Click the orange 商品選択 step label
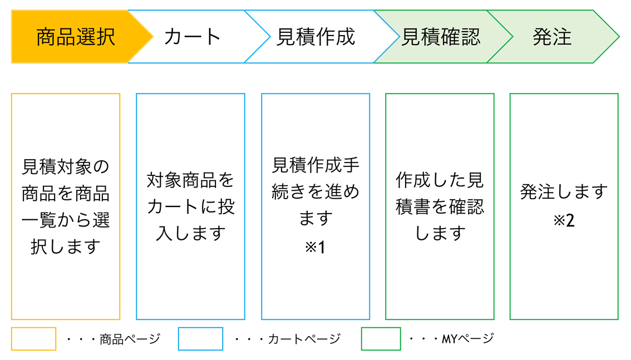pos(76,37)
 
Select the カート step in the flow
pos(193,37)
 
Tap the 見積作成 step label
pos(315,37)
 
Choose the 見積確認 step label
pos(441,37)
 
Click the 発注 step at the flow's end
pos(552,37)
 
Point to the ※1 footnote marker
pos(315,246)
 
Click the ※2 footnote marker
pos(564,220)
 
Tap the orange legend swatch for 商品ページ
pos(33,339)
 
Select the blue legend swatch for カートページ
pos(200,339)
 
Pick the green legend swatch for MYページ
pos(381,339)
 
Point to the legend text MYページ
pos(467,338)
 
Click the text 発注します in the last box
pos(564,192)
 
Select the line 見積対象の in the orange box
pos(66,166)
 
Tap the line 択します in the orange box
pos(66,246)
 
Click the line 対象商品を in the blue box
pos(190,179)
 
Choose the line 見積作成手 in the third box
pos(315,165)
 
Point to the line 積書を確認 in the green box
pos(440,206)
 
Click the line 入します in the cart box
pos(190,233)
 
